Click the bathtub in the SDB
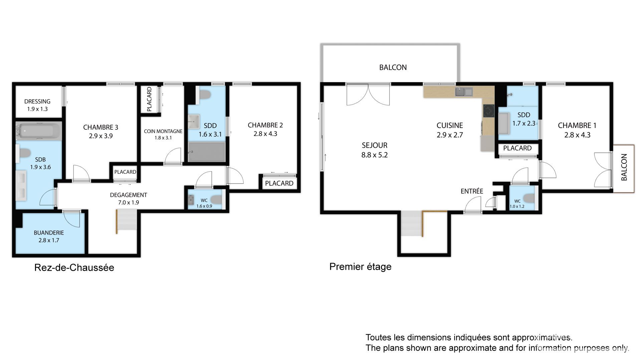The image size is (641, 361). pyautogui.click(x=39, y=131)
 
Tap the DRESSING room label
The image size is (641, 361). pyautogui.click(x=37, y=101)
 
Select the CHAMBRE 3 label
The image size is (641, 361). pyautogui.click(x=100, y=127)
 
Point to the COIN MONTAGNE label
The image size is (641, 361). pyautogui.click(x=163, y=131)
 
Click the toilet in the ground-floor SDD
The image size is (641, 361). pyautogui.click(x=205, y=95)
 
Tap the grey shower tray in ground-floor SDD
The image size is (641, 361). pyautogui.click(x=207, y=152)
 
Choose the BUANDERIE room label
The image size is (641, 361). pyautogui.click(x=49, y=233)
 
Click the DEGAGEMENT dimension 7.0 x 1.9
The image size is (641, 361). pyautogui.click(x=129, y=203)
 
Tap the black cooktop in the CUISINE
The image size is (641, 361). pyautogui.click(x=489, y=111)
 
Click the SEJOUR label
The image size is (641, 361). pyautogui.click(x=375, y=145)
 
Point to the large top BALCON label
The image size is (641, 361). pyautogui.click(x=393, y=68)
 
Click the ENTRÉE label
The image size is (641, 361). pyautogui.click(x=472, y=191)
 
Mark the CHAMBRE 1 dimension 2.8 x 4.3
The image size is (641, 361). pyautogui.click(x=577, y=135)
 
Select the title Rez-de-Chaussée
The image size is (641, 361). pyautogui.click(x=74, y=267)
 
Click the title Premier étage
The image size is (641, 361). pyautogui.click(x=360, y=267)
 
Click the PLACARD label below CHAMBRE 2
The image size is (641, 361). pyautogui.click(x=279, y=183)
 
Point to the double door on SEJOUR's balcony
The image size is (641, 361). pyautogui.click(x=368, y=95)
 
